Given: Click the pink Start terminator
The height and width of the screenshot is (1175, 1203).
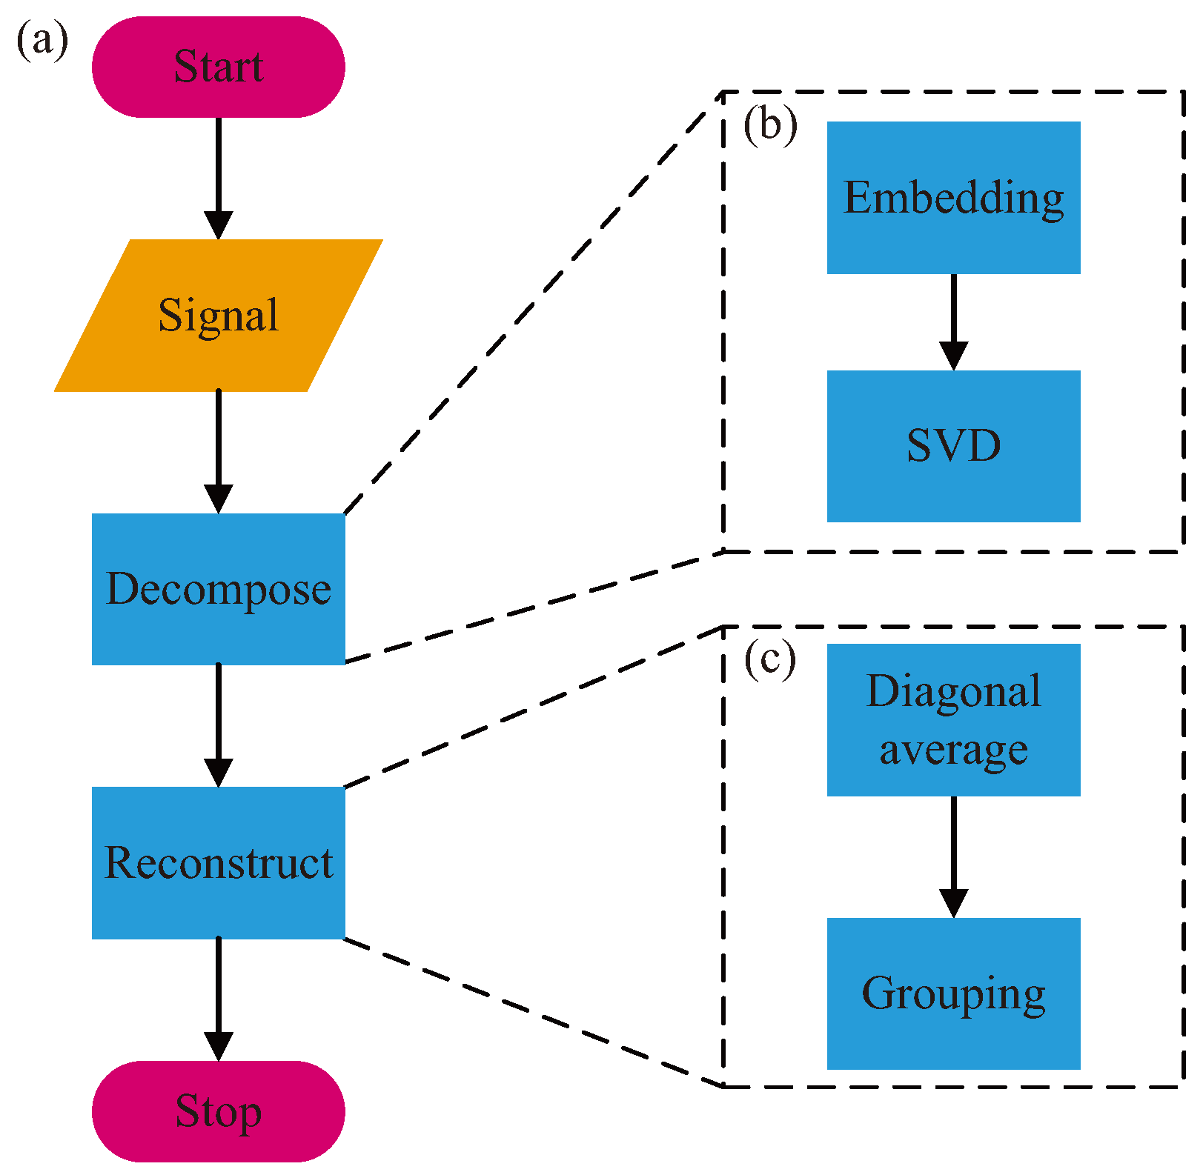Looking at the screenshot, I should coord(218,67).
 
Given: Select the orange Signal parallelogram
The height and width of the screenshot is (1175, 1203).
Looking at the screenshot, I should coord(218,315).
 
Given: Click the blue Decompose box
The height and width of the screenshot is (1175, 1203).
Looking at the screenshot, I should coord(218,589).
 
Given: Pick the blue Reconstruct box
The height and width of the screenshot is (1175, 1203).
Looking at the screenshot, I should coord(218,862).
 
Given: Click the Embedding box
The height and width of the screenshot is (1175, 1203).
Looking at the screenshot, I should coord(953,198).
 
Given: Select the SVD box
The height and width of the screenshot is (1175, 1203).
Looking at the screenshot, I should coord(953,446).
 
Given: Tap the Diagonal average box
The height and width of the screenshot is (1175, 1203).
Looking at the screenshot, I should coord(953,719).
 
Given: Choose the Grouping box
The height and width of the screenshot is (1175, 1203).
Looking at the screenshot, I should coord(953,993).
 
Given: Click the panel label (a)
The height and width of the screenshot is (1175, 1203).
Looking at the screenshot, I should coord(42,41).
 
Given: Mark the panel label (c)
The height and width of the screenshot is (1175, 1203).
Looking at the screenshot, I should coord(770,659).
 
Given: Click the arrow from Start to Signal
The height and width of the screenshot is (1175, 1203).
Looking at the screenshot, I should coord(218,178).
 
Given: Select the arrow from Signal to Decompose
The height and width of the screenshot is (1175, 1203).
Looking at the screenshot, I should coord(218,452).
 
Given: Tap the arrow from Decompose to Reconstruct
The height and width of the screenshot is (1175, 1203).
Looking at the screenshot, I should coord(218,726).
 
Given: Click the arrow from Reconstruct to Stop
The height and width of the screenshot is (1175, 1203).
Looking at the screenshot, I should coord(218,1000).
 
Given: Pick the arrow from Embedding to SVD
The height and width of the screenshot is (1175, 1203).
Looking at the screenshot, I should coord(953,322).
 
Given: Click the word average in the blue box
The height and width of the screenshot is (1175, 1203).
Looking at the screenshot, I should coord(953,750).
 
